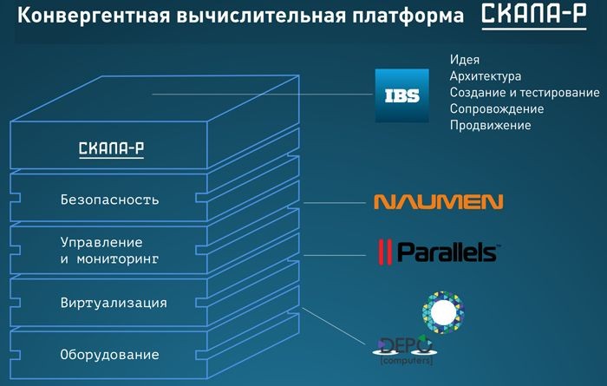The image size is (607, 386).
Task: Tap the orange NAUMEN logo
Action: (x=438, y=203)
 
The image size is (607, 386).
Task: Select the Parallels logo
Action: (x=436, y=252)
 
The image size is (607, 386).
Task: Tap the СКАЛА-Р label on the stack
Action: (x=111, y=148)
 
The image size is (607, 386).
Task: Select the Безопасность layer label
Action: (x=110, y=200)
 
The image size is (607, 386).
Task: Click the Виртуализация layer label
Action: (x=114, y=303)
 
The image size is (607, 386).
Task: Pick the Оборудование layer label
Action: (x=110, y=355)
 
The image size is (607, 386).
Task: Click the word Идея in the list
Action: (x=465, y=60)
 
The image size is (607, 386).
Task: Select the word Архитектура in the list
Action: (x=486, y=76)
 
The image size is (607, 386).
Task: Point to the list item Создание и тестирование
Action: (x=525, y=93)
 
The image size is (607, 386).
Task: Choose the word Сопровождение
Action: (x=497, y=109)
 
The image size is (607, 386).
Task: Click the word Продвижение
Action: (x=491, y=126)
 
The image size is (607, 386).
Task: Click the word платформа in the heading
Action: (x=411, y=16)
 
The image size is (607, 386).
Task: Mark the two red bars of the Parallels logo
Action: (x=382, y=252)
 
